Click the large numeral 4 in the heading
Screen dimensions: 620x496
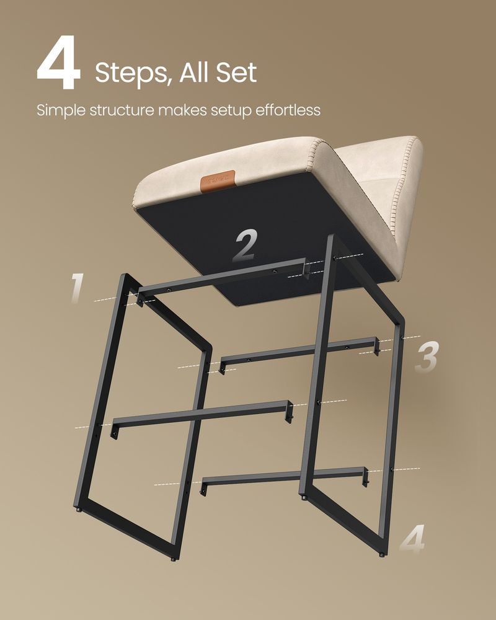click(58, 66)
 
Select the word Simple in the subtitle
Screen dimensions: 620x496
click(62, 110)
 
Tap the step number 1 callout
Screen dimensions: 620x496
click(76, 288)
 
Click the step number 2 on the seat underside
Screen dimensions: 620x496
click(246, 245)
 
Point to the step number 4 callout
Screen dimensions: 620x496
click(412, 540)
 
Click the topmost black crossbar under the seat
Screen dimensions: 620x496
click(223, 277)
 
